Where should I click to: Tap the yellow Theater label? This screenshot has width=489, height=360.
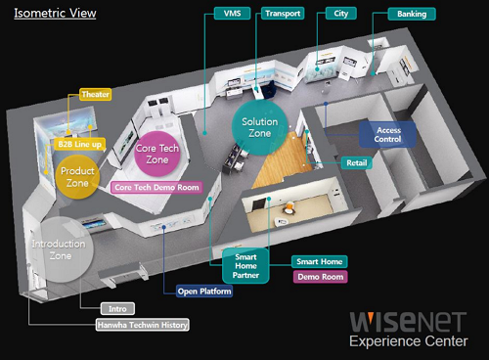[95, 95]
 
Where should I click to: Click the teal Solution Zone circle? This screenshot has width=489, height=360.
[261, 125]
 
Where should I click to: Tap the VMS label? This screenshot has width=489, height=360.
[233, 15]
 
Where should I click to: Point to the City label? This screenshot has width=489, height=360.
[341, 15]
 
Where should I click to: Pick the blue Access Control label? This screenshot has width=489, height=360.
[388, 133]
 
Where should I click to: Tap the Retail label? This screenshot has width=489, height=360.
[356, 162]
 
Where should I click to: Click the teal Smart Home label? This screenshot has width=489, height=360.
[319, 261]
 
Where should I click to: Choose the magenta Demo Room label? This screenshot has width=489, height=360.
[319, 277]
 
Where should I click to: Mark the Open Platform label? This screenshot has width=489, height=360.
[204, 291]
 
